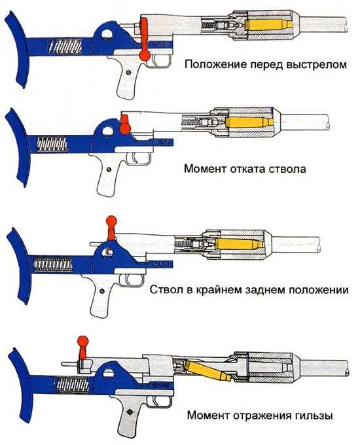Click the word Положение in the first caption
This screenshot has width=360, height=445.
click(215, 65)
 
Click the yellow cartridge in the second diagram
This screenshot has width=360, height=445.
click(249, 122)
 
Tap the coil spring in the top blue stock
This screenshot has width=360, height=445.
click(65, 46)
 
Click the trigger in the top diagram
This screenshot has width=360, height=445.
click(154, 60)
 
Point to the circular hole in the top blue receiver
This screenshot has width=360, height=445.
click(107, 34)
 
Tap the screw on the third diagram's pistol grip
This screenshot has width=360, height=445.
click(102, 291)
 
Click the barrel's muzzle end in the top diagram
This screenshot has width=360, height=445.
click(346, 24)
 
